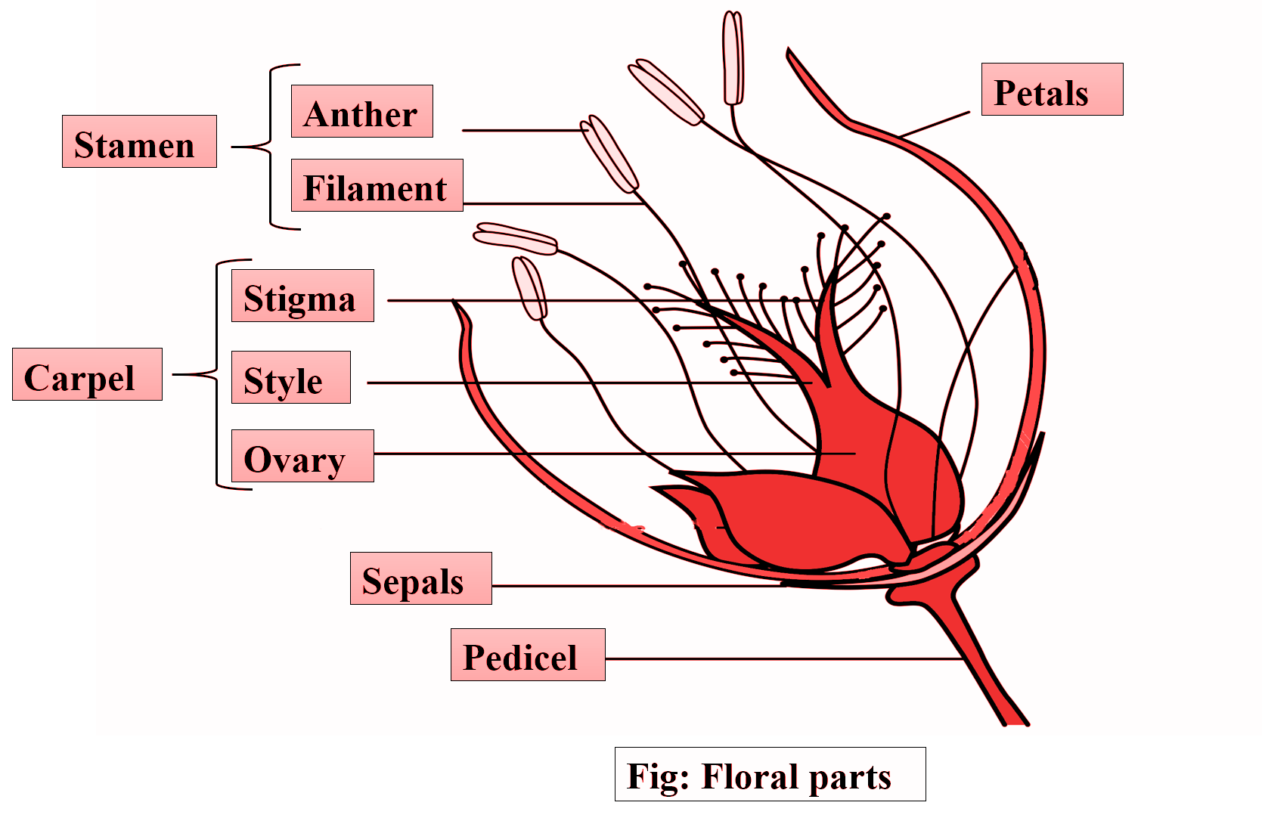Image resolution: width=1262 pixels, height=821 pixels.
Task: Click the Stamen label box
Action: click(x=139, y=141)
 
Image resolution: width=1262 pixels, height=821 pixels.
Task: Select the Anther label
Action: click(x=361, y=111)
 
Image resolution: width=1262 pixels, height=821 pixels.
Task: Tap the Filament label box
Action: click(x=377, y=185)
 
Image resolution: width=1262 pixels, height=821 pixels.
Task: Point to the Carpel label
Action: click(x=87, y=374)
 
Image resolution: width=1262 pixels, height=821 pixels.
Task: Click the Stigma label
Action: click(x=302, y=296)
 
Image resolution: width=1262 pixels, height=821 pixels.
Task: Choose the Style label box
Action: click(x=290, y=377)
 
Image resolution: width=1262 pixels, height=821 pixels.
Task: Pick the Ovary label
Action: click(x=302, y=456)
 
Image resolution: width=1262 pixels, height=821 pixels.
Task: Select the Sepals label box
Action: click(x=420, y=578)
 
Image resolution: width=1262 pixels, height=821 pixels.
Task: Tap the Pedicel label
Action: click(x=527, y=655)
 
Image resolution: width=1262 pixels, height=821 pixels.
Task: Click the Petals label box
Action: click(x=1051, y=89)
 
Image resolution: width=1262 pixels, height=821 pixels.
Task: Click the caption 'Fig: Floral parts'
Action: click(x=769, y=774)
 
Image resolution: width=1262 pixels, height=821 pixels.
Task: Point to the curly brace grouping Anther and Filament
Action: click(x=271, y=147)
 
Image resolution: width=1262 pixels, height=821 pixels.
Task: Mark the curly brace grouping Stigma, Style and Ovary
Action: click(x=217, y=374)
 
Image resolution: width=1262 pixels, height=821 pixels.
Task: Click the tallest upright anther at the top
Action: click(x=733, y=57)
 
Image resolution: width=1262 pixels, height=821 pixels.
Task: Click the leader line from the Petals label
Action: click(x=936, y=124)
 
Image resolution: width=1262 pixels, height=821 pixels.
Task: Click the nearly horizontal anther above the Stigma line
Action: click(x=515, y=238)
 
